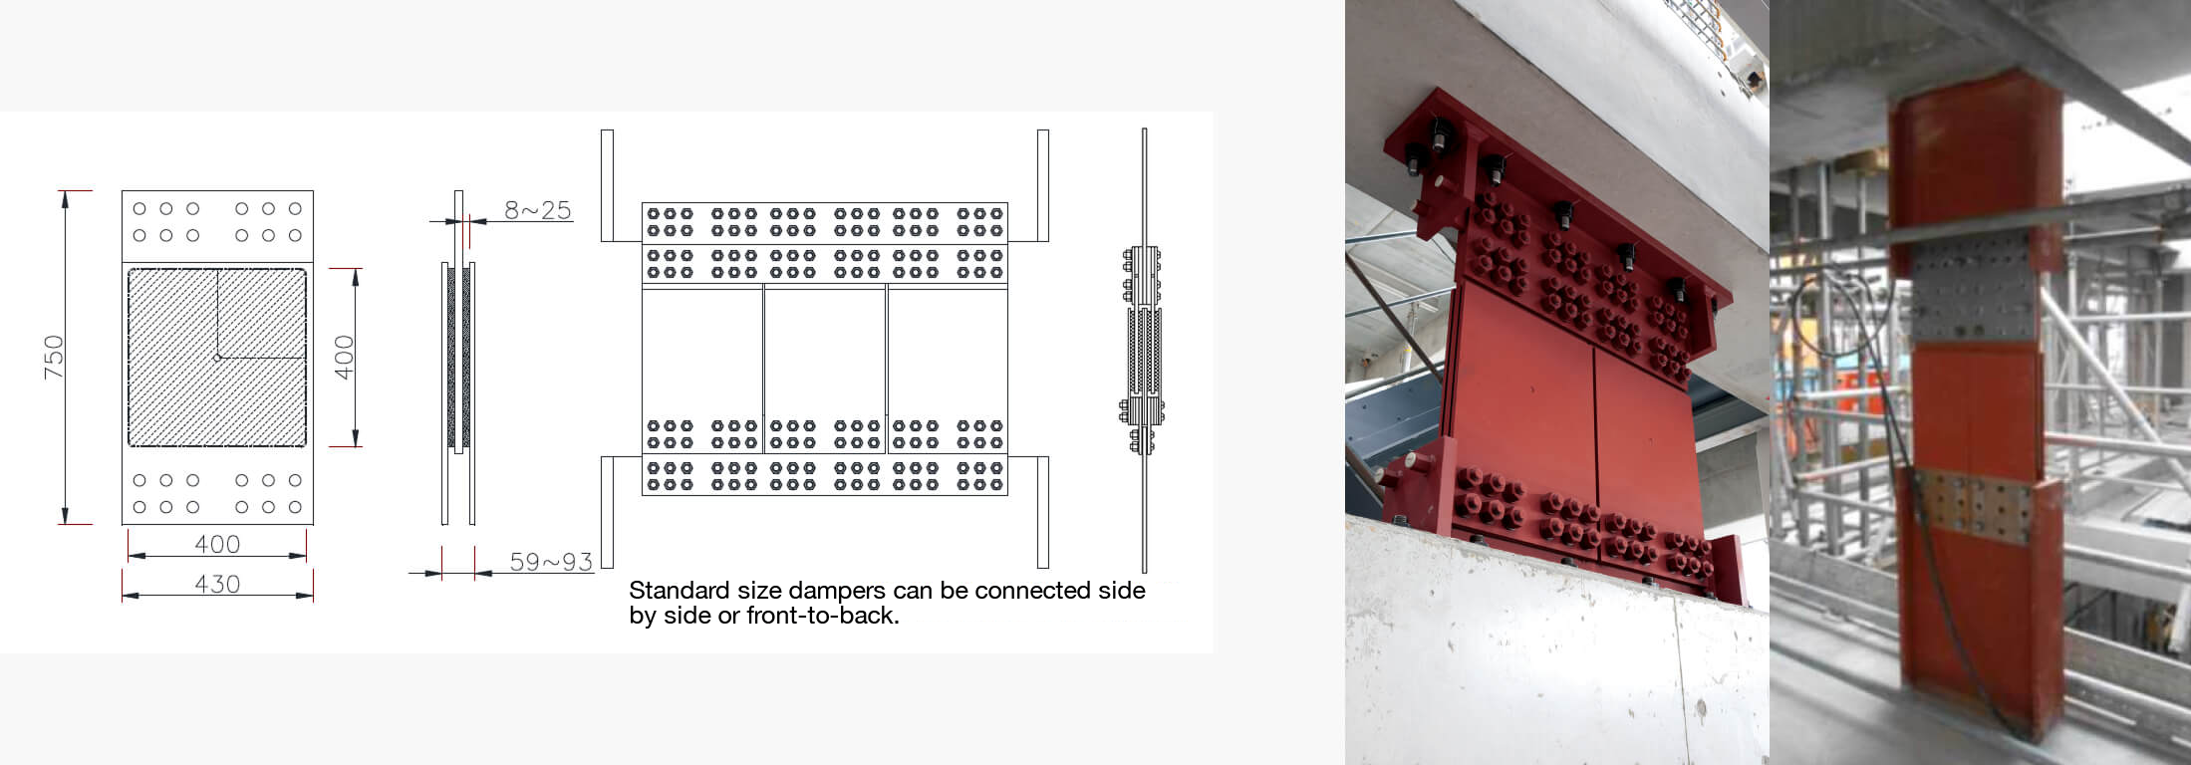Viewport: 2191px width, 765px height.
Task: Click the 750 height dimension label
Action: [54, 357]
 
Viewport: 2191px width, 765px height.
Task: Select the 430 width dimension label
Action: [217, 584]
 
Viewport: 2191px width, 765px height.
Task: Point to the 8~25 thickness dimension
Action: [538, 210]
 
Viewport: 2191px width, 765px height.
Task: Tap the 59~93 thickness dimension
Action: [551, 562]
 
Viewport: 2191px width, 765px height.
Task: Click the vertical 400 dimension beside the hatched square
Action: [344, 357]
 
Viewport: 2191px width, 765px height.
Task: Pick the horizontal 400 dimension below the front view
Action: [217, 544]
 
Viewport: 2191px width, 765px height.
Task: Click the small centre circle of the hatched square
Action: [217, 357]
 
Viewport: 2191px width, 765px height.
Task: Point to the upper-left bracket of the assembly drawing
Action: [608, 185]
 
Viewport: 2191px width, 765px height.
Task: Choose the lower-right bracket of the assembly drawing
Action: [1042, 512]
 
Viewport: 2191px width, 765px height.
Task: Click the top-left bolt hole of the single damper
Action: [139, 209]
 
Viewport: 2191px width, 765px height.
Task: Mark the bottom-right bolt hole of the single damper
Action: [295, 507]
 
